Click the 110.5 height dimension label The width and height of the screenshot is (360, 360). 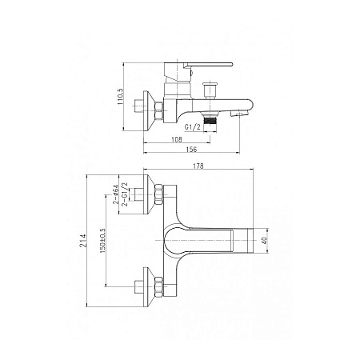tap(121, 96)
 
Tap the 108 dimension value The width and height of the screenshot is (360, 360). tap(176, 139)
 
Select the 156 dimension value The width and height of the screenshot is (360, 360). tap(191, 150)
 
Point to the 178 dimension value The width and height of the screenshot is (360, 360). tap(198, 166)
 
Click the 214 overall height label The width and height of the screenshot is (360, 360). tap(84, 241)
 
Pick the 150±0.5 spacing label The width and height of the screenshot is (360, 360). tap(102, 241)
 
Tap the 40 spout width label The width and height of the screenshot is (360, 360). tap(265, 241)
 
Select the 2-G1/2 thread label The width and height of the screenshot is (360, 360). tap(125, 194)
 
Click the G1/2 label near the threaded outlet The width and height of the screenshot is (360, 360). tap(192, 127)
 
